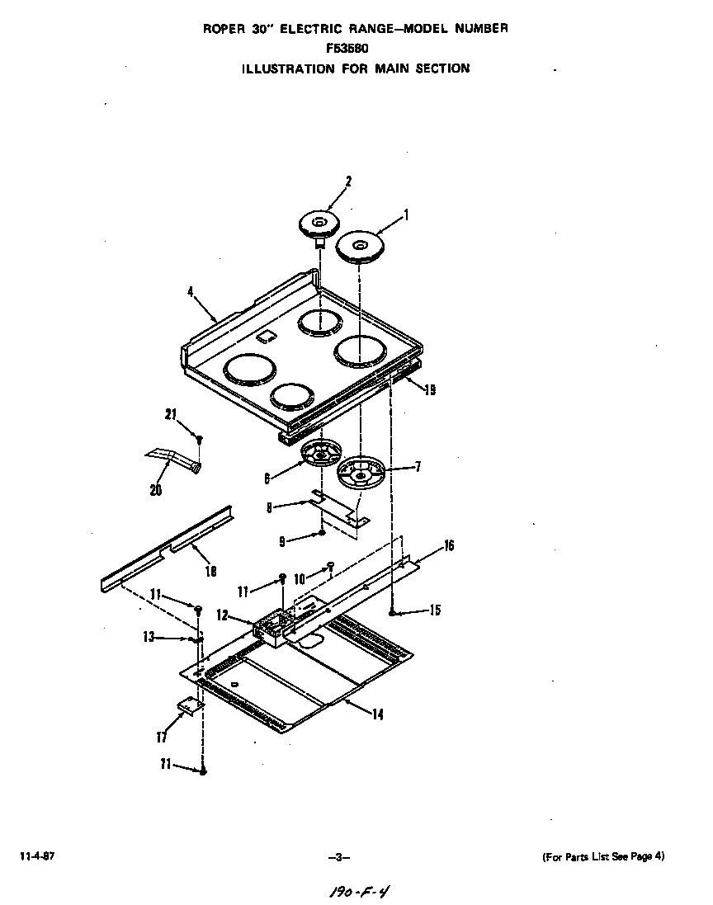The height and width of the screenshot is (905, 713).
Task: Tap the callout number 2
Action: [349, 181]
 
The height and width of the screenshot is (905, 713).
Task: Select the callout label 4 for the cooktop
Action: [191, 290]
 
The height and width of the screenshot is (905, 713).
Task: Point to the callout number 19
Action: [429, 390]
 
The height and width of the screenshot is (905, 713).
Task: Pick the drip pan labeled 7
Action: [362, 474]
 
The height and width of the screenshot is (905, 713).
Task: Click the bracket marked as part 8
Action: [338, 507]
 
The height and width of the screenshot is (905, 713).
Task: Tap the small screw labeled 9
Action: [322, 534]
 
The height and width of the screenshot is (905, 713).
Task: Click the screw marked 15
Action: [394, 612]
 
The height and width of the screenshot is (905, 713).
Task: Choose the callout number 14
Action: [377, 715]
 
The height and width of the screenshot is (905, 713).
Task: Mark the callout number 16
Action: [448, 545]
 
